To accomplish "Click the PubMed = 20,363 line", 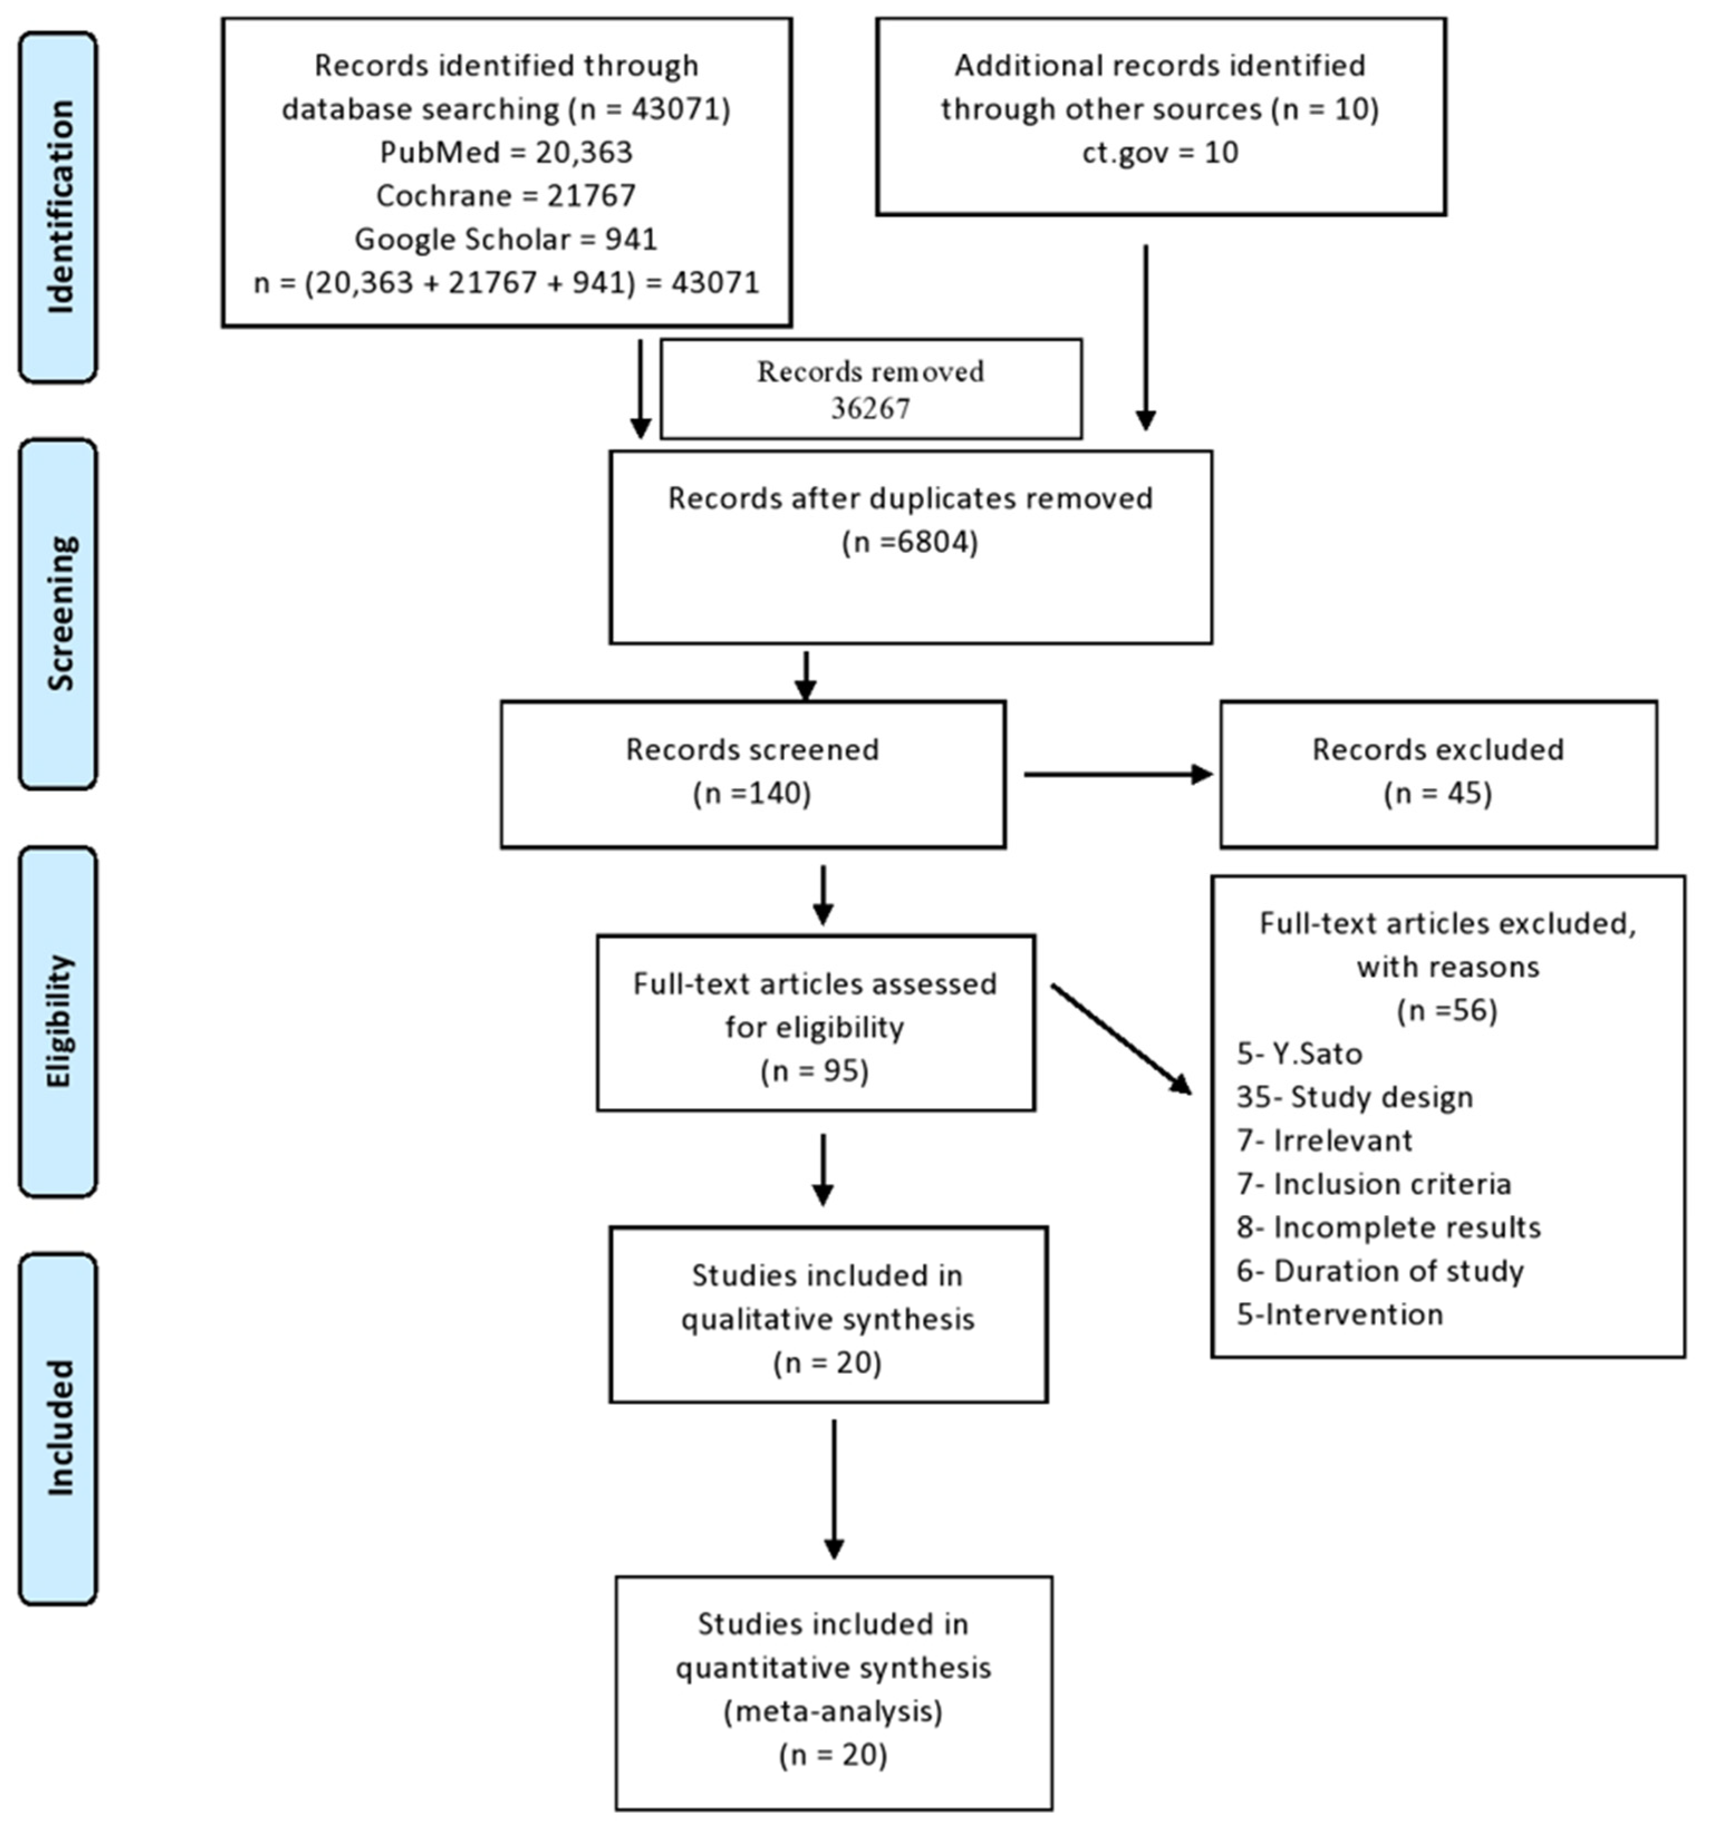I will tap(506, 152).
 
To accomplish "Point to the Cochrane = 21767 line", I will tap(506, 196).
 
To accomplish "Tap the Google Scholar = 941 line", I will tap(506, 239).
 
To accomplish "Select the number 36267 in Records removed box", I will tap(870, 407).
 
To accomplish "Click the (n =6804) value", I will tap(909, 541).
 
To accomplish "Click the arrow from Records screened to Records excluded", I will tap(1117, 774).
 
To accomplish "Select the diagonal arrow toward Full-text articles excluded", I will tap(1120, 1039).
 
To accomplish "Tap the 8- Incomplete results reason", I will tap(1388, 1227).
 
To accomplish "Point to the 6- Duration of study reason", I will tap(1380, 1270).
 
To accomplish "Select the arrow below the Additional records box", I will tap(1144, 337).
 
